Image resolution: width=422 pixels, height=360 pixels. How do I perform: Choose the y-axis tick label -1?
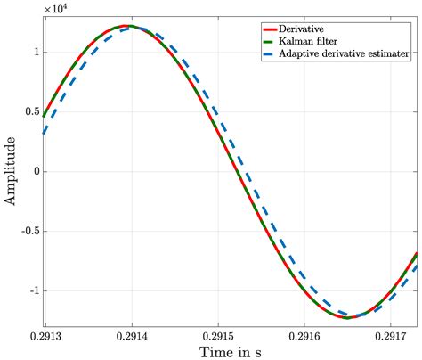click(x=31, y=290)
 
